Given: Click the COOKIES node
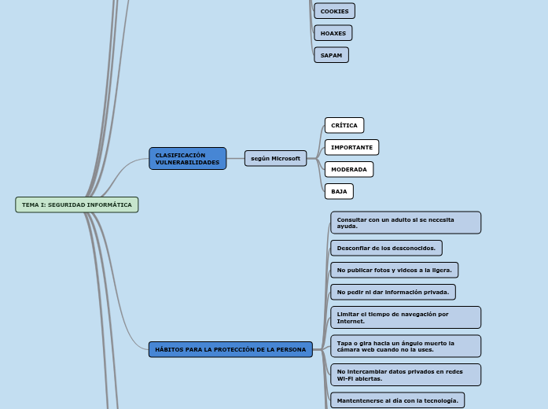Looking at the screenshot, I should (334, 11).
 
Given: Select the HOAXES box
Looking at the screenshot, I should (333, 33).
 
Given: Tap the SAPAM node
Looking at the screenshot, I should (331, 55).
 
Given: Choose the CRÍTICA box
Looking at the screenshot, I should (344, 126).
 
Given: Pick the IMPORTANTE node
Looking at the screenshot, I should (351, 148).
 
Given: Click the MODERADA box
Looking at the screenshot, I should (349, 170).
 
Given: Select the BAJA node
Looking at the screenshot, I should (339, 192).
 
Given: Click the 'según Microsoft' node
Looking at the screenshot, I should (275, 159).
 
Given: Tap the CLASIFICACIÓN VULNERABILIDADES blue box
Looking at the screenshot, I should (187, 159).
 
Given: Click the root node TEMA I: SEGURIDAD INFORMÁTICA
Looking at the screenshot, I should (77, 205).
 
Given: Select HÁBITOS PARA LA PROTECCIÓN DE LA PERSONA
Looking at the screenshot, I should (230, 350).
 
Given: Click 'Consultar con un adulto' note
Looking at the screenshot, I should (406, 223).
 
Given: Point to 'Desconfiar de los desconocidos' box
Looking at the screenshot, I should (386, 249).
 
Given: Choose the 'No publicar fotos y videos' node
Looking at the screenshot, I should (394, 271).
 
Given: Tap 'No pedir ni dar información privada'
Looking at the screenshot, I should (393, 293).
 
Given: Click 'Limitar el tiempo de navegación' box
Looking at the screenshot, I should (406, 318).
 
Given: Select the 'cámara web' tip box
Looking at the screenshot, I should (406, 346).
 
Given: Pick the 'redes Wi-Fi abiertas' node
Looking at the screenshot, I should (406, 375).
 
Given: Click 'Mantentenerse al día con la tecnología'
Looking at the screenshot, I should (397, 400).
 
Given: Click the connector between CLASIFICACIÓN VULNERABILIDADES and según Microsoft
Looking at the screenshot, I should (235, 159).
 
